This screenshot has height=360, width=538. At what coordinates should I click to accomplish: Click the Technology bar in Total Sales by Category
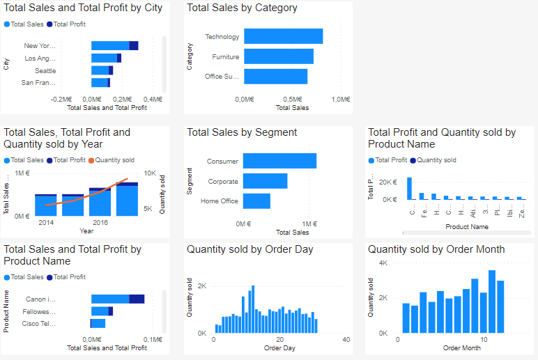tap(283, 36)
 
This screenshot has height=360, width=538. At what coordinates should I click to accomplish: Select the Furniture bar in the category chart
tap(278, 56)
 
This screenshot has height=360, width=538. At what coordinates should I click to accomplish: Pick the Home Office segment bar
tap(256, 201)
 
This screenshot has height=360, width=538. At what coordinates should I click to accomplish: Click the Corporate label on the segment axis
tap(222, 182)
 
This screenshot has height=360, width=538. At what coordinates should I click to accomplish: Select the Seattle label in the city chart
tap(45, 71)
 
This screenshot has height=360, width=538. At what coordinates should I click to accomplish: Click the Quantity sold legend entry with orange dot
tap(114, 160)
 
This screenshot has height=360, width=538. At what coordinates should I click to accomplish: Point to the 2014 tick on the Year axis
tap(46, 222)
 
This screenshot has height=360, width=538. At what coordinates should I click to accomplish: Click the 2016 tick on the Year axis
tap(100, 222)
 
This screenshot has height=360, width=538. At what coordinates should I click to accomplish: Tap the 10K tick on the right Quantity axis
tap(150, 173)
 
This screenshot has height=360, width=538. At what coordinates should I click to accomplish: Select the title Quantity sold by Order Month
tap(436, 249)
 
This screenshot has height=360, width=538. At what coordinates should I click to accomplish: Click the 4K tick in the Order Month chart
tap(383, 263)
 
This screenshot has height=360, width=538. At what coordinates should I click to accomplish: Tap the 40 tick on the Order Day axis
tap(346, 339)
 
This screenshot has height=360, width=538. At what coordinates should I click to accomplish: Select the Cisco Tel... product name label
tap(38, 324)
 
